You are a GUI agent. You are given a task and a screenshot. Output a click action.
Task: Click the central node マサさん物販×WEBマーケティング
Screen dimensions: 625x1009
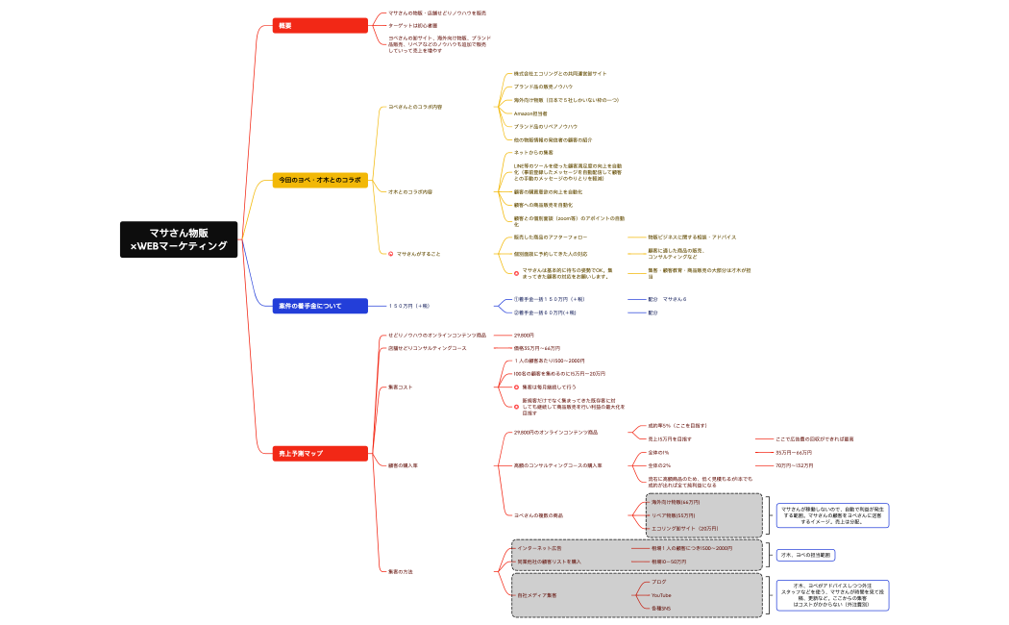coord(179,239)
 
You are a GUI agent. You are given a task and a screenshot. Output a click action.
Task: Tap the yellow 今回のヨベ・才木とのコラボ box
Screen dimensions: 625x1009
coord(320,180)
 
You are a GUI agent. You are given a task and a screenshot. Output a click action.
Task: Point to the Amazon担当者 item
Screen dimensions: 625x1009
coord(530,113)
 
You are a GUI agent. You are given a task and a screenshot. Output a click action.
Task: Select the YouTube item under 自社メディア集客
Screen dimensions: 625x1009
coord(661,595)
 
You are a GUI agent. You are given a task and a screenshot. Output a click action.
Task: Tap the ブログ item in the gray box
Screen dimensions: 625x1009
coord(658,582)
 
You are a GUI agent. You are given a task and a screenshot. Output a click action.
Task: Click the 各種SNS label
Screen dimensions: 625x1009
coord(661,609)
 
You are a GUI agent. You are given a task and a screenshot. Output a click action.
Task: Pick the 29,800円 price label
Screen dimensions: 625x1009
coord(524,335)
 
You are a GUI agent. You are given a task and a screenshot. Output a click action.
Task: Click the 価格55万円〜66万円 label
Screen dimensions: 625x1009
coord(537,348)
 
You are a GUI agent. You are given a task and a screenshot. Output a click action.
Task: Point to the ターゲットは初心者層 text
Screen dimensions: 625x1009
coord(412,26)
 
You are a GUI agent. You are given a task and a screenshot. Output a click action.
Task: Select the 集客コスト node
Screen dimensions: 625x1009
coord(401,387)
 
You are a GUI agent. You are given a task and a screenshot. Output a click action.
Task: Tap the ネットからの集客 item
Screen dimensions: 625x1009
coord(533,152)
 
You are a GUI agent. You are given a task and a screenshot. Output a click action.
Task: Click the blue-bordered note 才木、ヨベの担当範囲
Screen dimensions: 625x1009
coord(806,555)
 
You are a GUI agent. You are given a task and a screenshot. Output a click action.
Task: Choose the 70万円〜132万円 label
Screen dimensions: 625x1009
coord(794,465)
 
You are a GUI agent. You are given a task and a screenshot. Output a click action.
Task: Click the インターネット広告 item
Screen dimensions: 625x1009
coord(540,548)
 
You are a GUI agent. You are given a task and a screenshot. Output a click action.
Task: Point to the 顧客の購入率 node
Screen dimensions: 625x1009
coord(403,465)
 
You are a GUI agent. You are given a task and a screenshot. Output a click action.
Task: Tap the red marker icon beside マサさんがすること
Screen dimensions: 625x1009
coord(390,254)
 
